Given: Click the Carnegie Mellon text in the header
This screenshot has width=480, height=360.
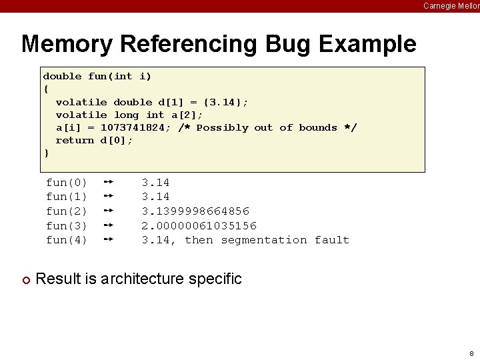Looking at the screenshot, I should (451, 5).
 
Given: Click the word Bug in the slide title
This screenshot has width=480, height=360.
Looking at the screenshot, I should (281, 45).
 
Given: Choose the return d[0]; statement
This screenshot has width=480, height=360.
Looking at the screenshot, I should (94, 140).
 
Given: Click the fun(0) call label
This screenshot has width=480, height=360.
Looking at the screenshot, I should (66, 182).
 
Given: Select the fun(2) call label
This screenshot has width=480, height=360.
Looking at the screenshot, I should (66, 211).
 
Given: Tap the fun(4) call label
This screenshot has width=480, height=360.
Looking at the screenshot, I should (66, 240).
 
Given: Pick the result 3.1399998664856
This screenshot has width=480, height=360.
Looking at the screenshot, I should (195, 211).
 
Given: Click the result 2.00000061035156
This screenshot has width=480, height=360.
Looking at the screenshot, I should (199, 225).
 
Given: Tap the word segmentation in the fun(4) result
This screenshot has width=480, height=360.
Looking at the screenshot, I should (264, 240).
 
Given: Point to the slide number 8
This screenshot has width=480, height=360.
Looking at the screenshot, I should (471, 353).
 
